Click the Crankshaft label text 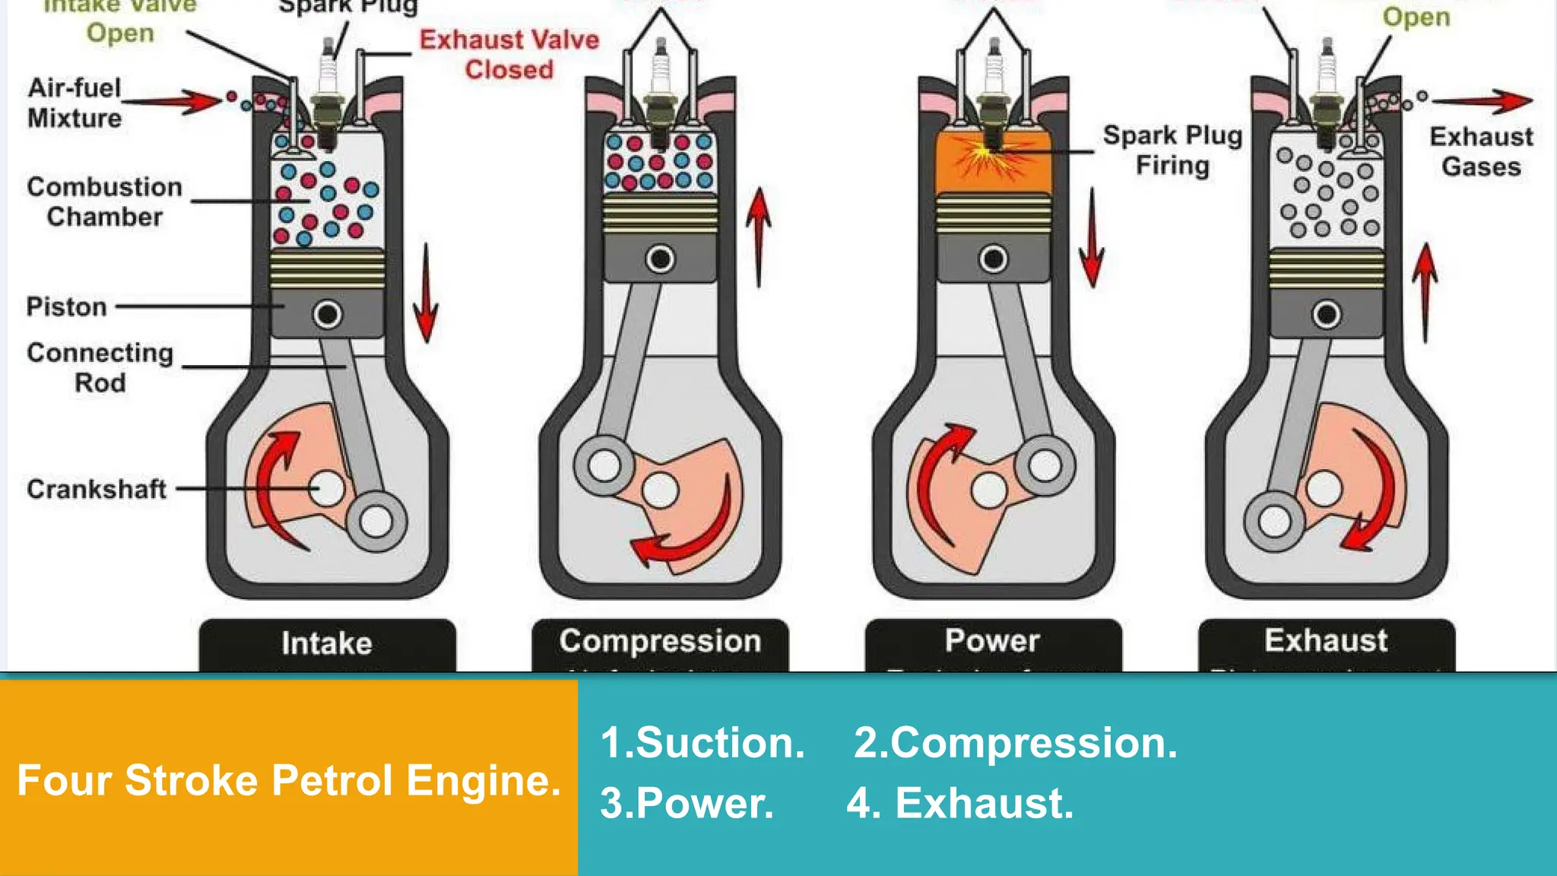point(97,489)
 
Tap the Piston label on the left point(67,306)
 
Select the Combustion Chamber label point(104,202)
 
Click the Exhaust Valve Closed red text point(509,55)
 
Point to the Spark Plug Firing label point(1172,150)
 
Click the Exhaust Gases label point(1481,151)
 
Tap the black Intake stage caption point(327,643)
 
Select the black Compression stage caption point(660,641)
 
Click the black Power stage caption point(992,640)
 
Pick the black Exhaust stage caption point(1326,640)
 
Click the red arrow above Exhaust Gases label point(1482,100)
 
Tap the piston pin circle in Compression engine point(660,259)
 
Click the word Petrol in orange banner point(331,781)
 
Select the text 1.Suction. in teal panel point(702,743)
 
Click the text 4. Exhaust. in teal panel point(960,803)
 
